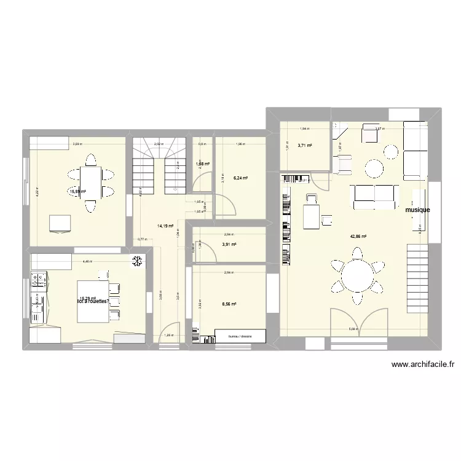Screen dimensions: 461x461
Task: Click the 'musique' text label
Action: click(x=417, y=210)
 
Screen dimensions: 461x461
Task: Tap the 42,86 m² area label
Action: click(x=358, y=236)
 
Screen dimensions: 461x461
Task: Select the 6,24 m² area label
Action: click(x=240, y=178)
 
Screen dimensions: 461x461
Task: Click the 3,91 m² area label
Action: click(x=229, y=245)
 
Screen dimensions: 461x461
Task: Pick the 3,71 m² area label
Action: click(x=304, y=146)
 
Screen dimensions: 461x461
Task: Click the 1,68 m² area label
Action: click(x=202, y=164)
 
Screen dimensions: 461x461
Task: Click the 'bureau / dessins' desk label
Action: click(x=240, y=336)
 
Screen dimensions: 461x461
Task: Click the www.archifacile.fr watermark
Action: click(x=424, y=364)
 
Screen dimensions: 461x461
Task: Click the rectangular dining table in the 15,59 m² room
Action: click(x=90, y=183)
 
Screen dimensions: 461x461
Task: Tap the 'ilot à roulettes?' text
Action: click(x=93, y=302)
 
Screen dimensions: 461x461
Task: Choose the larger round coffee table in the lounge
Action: click(x=374, y=168)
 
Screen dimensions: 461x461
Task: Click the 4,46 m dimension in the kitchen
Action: click(x=88, y=262)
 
